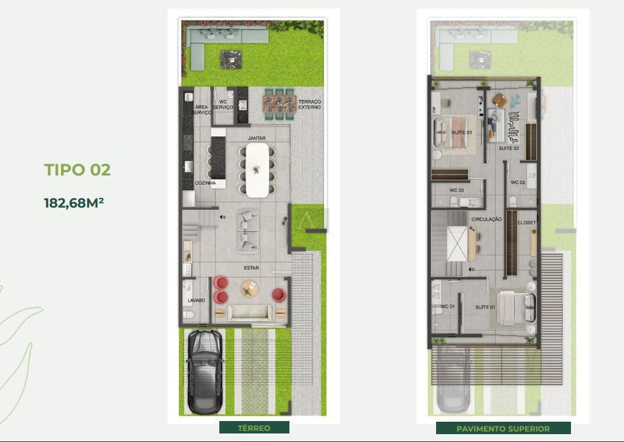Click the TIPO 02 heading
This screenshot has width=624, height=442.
tap(77, 170)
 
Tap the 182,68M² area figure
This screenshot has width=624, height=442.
tap(74, 203)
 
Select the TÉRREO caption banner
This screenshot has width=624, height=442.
tap(254, 428)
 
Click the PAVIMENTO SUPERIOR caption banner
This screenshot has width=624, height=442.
tap(503, 428)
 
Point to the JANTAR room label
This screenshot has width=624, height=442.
tap(257, 138)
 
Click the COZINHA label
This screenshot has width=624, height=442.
tap(206, 183)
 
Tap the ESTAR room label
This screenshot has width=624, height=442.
tap(251, 268)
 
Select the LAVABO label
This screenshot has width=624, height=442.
tap(196, 301)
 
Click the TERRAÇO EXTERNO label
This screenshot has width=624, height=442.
tap(310, 105)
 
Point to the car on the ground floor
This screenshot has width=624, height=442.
tap(205, 371)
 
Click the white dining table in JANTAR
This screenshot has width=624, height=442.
tap(257, 170)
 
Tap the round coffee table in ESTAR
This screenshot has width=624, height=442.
tap(249, 288)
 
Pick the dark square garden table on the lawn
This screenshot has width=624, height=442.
tap(231, 60)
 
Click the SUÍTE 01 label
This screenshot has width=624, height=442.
tap(485, 307)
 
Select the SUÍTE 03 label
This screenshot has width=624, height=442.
tap(462, 132)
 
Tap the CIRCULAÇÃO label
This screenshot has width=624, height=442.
tap(486, 219)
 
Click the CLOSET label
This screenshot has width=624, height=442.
tap(526, 223)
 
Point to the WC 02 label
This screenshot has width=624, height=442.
tap(518, 183)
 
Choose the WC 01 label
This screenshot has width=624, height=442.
tap(448, 306)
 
